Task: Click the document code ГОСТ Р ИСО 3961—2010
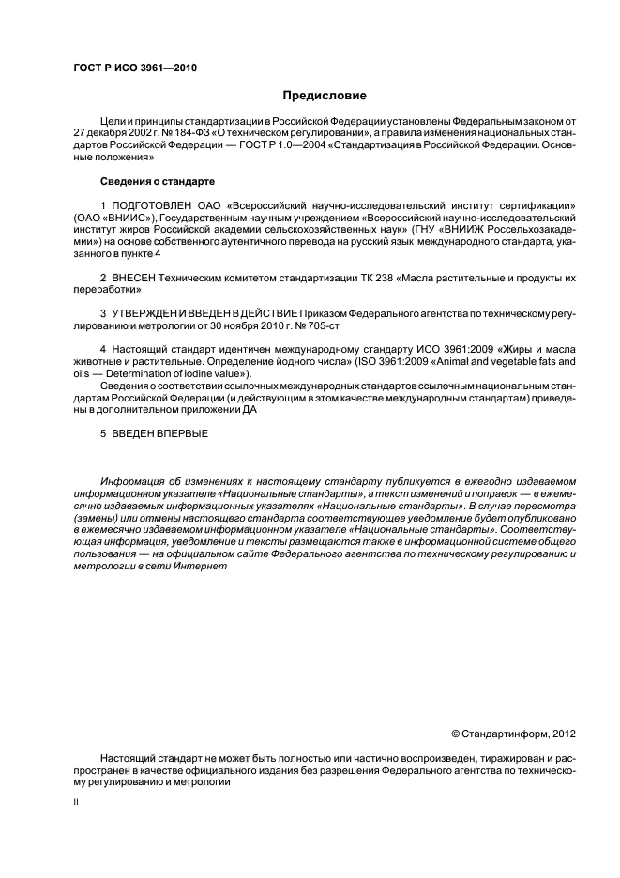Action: pos(135,68)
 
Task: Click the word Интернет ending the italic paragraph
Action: pos(204,566)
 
